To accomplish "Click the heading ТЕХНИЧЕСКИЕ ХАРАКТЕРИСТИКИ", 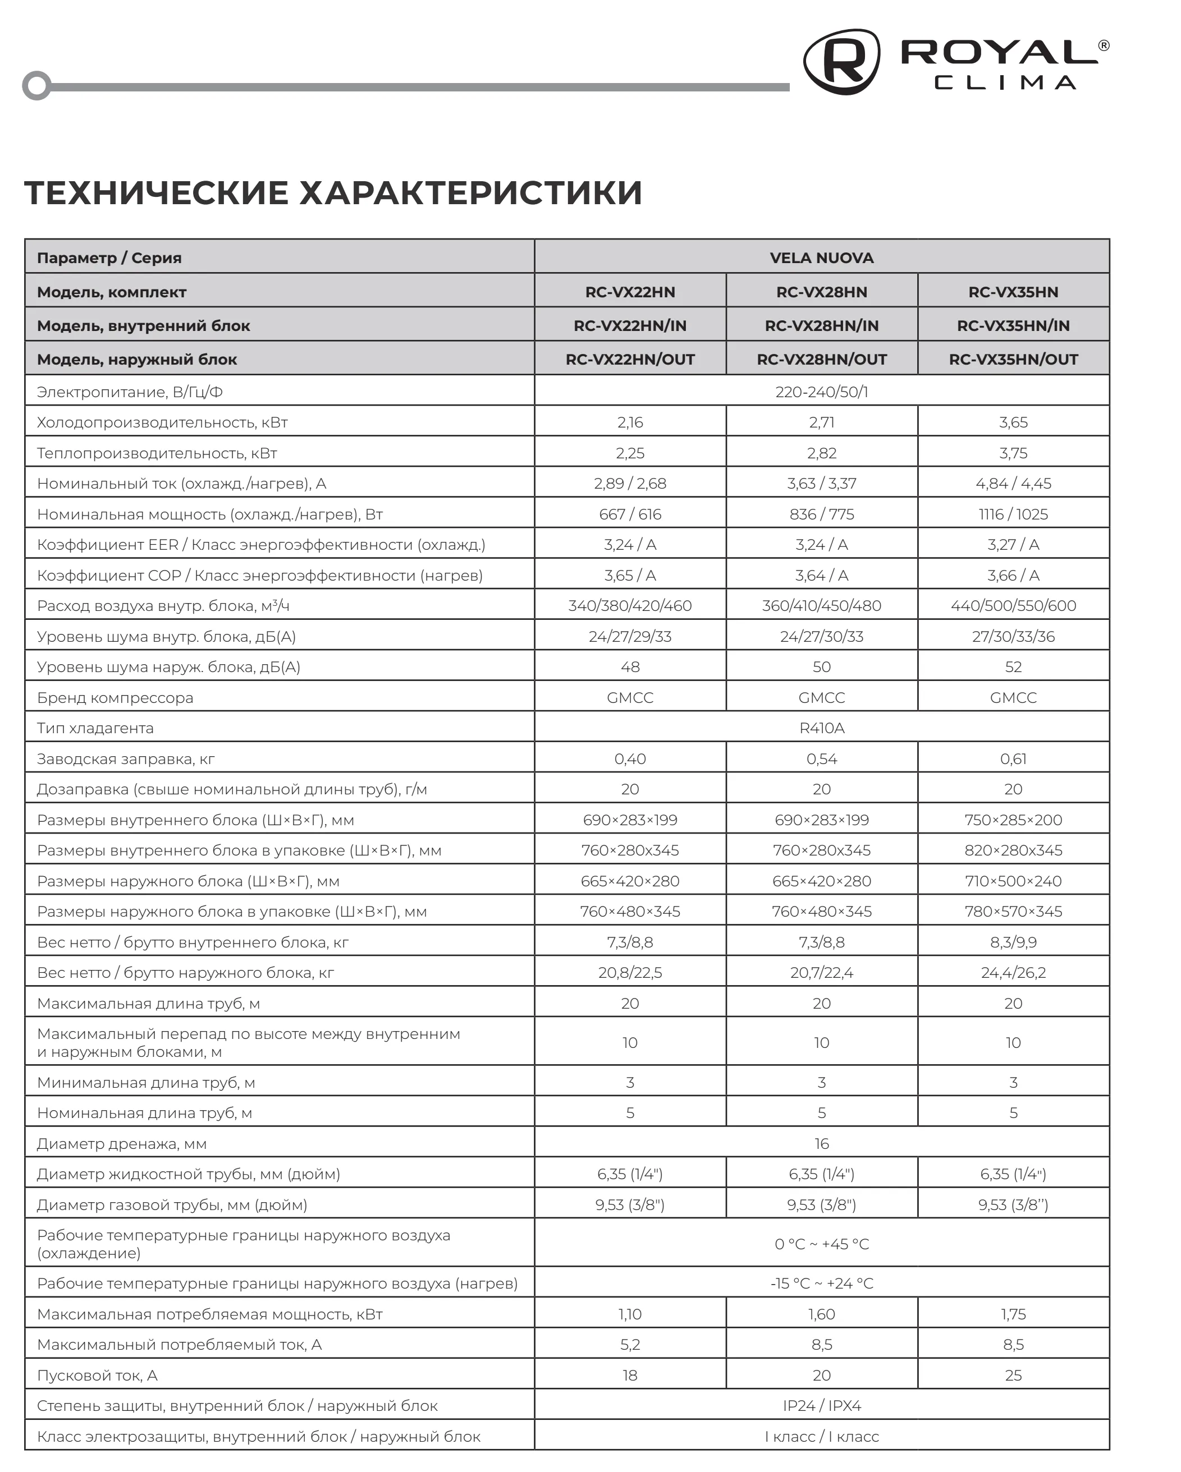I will (333, 192).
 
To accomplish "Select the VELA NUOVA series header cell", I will (821, 257).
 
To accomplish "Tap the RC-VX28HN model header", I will (821, 292).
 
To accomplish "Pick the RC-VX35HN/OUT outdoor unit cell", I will (1013, 359).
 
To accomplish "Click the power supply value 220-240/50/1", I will (821, 392).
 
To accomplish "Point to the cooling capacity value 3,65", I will (1013, 422).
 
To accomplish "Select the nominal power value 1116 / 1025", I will (1013, 514).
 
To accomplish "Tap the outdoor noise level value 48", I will (630, 667).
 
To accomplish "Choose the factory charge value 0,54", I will (821, 758).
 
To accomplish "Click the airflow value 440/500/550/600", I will (1013, 606).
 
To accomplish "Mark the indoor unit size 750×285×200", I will (1013, 820).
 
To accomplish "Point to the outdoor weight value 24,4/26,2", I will (1013, 972).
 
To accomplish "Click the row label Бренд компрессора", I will (115, 698).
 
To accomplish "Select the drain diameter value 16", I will (821, 1144).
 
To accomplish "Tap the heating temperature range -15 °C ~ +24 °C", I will (821, 1284).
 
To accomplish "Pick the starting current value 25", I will (1013, 1375).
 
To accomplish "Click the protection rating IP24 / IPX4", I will (821, 1406).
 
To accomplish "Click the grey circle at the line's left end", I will (37, 86).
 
